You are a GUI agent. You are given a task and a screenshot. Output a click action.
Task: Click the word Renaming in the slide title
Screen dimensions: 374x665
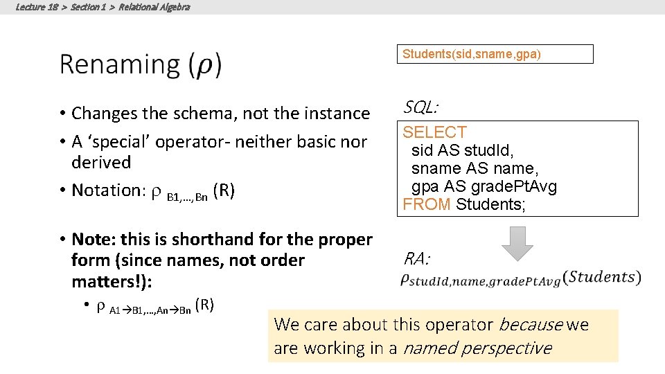click(x=119, y=64)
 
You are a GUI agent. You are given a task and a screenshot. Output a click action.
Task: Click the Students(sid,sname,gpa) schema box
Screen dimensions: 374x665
click(x=495, y=54)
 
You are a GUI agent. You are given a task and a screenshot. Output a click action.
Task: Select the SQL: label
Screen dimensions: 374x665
click(x=420, y=107)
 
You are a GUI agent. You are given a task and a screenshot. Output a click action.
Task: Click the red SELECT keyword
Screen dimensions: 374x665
click(x=435, y=132)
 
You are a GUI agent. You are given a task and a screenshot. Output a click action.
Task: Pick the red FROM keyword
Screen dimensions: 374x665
click(x=427, y=204)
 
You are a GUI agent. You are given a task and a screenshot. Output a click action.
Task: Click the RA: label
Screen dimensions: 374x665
click(x=417, y=260)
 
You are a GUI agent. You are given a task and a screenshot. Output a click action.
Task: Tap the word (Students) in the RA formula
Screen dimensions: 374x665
click(x=601, y=278)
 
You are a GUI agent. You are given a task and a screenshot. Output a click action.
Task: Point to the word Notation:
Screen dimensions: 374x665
click(x=107, y=190)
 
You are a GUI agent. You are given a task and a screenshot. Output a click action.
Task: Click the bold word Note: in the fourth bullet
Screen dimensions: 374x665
click(x=94, y=240)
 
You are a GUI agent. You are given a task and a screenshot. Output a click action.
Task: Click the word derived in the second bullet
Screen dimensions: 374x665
click(x=101, y=162)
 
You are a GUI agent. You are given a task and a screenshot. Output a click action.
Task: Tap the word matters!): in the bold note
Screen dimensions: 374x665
click(x=109, y=281)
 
